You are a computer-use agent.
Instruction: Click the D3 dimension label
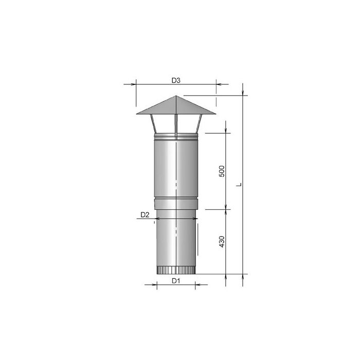coord(176,80)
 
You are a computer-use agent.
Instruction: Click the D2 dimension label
coord(145,215)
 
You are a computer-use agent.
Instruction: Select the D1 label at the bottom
coord(175,280)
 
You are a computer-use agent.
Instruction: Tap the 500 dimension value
coord(222,171)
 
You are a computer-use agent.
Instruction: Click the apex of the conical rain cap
coord(175,96)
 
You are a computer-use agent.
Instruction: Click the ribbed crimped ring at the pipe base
coord(175,271)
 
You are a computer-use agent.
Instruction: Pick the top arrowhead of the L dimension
coord(243,97)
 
